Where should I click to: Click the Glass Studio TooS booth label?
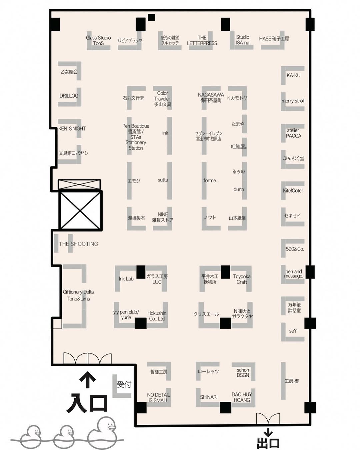tap(98, 40)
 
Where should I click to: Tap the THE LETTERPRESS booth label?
tap(202, 40)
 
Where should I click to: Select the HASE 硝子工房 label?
tap(274, 39)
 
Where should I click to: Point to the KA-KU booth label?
tap(293, 75)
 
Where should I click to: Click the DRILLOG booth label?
tap(69, 96)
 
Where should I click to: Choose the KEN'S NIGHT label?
tap(72, 129)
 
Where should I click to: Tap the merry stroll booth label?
tap(293, 101)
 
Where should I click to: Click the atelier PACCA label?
tap(293, 133)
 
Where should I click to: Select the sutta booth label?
tap(163, 180)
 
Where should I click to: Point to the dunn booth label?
tap(239, 189)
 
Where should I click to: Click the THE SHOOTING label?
tap(78, 244)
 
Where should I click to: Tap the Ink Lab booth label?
tap(126, 279)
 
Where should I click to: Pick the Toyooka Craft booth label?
tap(242, 279)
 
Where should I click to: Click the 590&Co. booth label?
tap(295, 249)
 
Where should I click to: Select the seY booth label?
tap(293, 331)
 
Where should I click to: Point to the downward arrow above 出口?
tap(268, 431)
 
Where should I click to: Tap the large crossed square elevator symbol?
tap(80, 211)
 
